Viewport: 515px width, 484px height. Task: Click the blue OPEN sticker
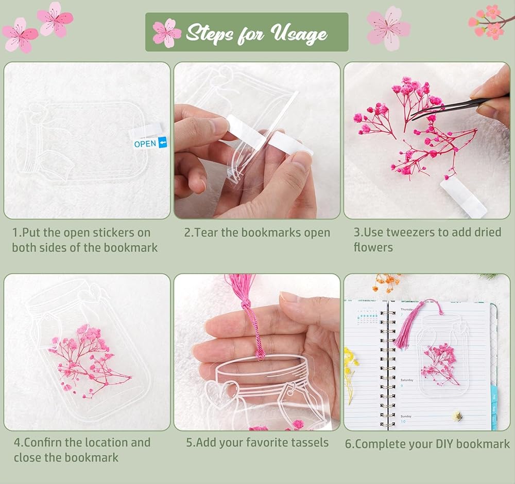click(150, 144)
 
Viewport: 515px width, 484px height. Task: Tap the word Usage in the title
click(299, 33)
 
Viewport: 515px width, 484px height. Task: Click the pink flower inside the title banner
click(167, 32)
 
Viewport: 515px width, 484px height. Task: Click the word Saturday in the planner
click(407, 380)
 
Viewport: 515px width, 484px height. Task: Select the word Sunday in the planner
click(406, 416)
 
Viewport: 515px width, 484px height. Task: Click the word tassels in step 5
click(309, 442)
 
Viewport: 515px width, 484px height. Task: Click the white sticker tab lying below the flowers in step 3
click(463, 196)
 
